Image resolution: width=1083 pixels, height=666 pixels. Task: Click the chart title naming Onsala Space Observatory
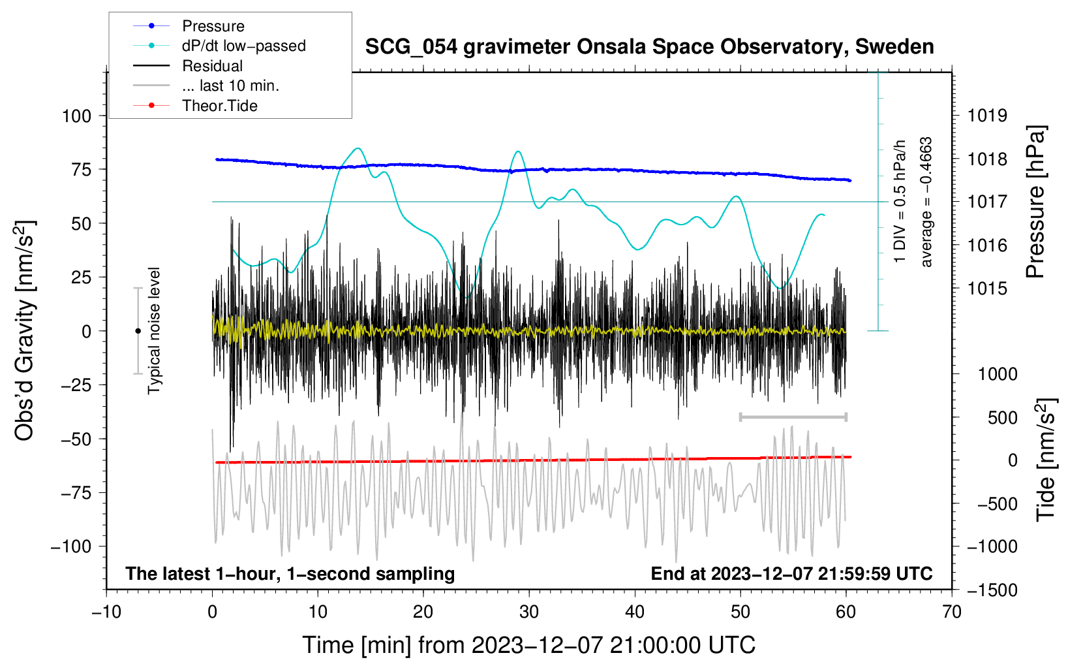tap(649, 47)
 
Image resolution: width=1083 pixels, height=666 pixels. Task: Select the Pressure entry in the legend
tap(213, 26)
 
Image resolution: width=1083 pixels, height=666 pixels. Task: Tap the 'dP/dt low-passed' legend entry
tap(243, 46)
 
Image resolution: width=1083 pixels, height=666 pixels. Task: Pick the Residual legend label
tap(212, 66)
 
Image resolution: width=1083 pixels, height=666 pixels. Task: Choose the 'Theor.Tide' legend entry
tap(219, 106)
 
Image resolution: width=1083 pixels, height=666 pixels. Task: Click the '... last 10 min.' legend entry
tap(230, 86)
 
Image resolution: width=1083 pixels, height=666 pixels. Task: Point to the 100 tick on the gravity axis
tap(76, 116)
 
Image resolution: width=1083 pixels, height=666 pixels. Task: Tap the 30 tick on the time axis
tap(528, 612)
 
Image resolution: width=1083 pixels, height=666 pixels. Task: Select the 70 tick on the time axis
tap(952, 612)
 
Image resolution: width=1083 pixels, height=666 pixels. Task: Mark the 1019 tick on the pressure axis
tap(987, 116)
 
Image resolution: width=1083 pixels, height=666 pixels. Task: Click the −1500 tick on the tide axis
tap(992, 590)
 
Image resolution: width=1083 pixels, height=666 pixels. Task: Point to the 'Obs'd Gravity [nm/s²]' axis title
tap(25, 331)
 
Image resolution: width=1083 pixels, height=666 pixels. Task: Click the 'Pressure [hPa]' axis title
tap(1035, 202)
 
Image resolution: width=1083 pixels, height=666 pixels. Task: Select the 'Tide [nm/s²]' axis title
tap(1046, 460)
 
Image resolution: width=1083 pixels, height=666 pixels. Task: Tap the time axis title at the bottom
tap(528, 645)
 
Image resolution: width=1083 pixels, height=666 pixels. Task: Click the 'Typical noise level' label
tap(154, 330)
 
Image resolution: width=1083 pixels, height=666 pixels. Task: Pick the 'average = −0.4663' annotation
tap(926, 202)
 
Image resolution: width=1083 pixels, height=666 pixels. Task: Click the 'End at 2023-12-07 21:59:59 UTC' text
tap(791, 573)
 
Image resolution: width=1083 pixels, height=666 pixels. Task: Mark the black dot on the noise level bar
tap(138, 331)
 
